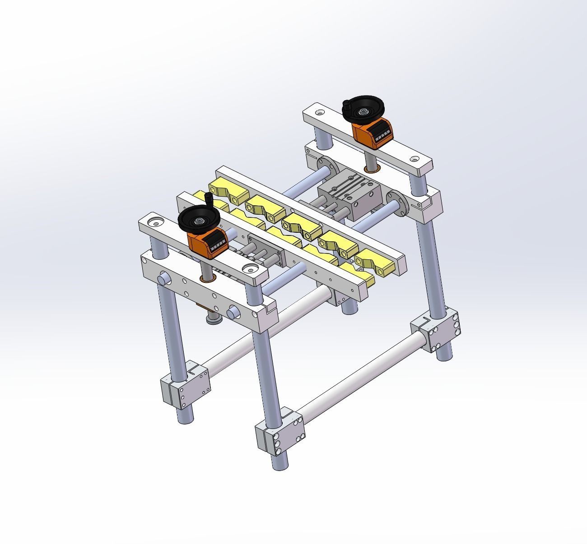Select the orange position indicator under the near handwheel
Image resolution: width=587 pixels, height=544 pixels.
point(207,244)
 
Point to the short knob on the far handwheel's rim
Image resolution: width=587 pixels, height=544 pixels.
point(347,104)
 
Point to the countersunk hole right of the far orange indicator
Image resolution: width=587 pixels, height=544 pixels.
point(414,159)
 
